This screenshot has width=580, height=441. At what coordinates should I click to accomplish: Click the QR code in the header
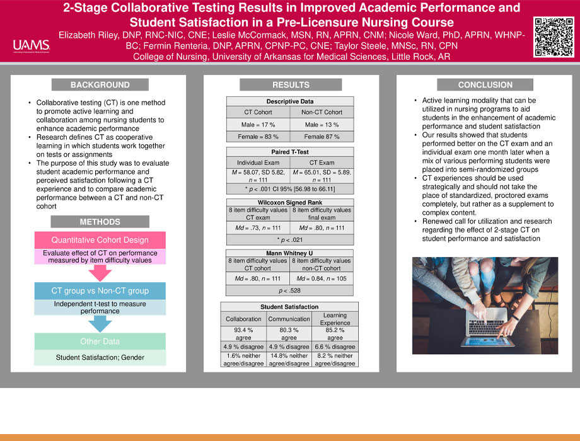tap(553, 37)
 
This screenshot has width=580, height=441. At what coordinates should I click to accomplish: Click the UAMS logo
tap(30, 45)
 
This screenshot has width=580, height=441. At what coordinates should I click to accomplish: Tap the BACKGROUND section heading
tap(100, 85)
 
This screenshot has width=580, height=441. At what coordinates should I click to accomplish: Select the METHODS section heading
tap(100, 222)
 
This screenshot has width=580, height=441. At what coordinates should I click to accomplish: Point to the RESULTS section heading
tap(291, 85)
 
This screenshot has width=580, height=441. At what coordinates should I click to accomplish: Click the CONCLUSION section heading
tap(485, 85)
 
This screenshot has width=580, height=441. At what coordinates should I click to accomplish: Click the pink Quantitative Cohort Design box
tap(100, 240)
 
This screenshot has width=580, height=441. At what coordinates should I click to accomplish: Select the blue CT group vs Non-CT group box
tap(100, 290)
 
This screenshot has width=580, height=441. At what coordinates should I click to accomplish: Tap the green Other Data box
tap(100, 341)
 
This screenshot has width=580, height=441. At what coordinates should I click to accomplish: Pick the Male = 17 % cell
tap(258, 125)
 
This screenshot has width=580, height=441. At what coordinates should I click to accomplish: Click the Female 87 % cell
tap(322, 136)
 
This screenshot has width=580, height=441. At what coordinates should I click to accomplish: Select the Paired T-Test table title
tap(290, 151)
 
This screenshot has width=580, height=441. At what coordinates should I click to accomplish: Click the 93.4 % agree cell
tap(243, 333)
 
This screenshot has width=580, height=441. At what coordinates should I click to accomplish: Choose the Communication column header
tap(289, 319)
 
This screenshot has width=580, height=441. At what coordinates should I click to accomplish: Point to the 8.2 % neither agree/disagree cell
tap(335, 360)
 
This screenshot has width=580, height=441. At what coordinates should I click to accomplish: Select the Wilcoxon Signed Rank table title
tap(290, 202)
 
